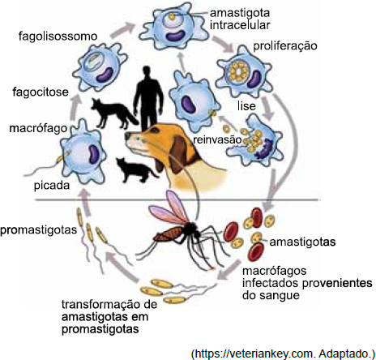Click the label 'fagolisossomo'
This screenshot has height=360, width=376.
coord(58,36)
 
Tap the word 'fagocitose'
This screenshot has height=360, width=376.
coord(41,92)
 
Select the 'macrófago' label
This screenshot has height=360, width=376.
coord(38,128)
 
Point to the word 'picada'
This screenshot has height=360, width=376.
coord(52,186)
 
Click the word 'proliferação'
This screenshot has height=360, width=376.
coord(285,46)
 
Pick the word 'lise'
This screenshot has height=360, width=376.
coord(246,105)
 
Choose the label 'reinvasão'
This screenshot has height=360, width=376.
coord(217,139)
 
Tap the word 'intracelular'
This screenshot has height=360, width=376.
coord(240,25)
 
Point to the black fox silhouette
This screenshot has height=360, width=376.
coord(113,114)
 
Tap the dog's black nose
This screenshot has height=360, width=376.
coord(127,135)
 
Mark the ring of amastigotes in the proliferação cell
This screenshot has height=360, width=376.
coord(238,72)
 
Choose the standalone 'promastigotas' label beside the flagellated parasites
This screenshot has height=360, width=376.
coord(39,230)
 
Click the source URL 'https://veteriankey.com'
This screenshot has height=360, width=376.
coord(254,354)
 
